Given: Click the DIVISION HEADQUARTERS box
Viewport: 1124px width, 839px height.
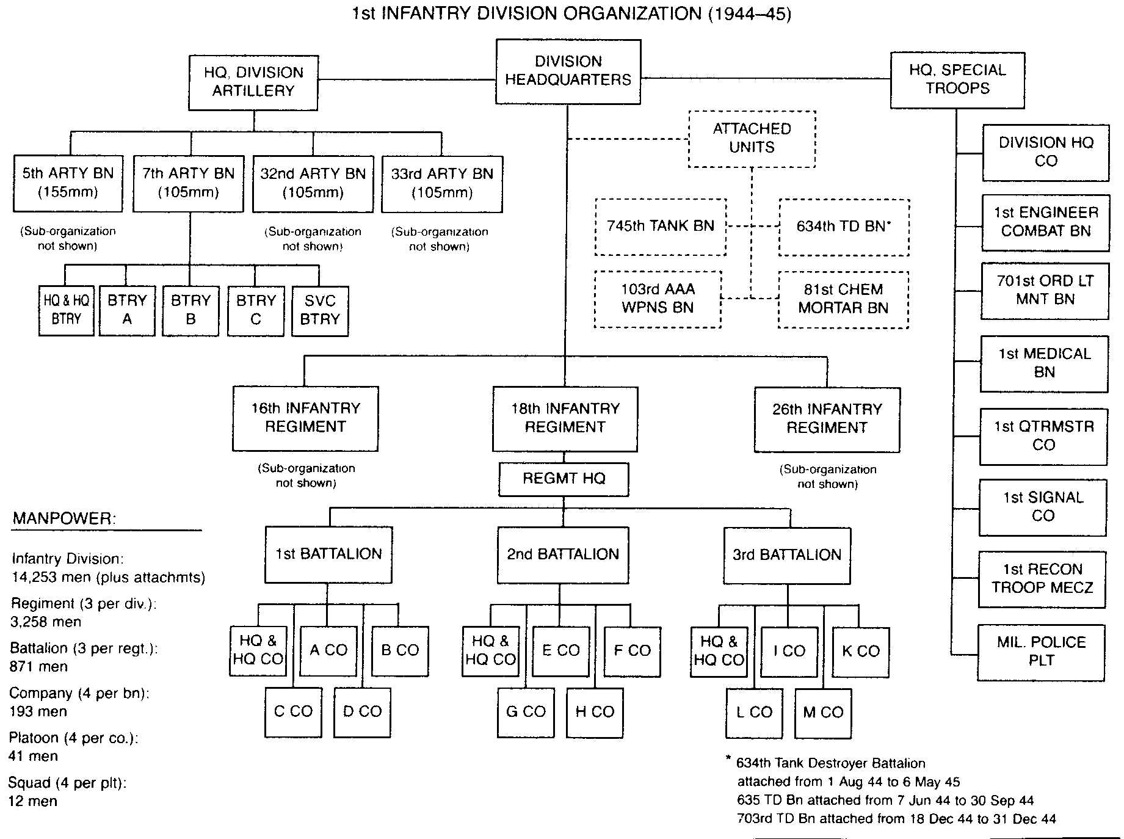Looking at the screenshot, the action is click(568, 71).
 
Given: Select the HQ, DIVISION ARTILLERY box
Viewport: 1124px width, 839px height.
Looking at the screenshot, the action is click(253, 82).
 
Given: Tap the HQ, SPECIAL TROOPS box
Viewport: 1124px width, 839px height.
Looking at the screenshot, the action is click(957, 80).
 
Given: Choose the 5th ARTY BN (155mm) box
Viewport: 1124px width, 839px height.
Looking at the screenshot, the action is click(68, 183).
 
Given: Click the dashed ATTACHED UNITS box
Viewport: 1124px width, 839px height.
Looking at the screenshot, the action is click(752, 139).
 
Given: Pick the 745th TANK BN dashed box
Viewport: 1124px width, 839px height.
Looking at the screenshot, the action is click(661, 227).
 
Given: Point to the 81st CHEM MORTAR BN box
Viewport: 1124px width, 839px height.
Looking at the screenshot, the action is click(843, 300).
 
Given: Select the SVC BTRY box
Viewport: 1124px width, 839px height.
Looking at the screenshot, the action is click(320, 311).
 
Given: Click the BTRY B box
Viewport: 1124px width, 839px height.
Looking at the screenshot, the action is click(190, 311).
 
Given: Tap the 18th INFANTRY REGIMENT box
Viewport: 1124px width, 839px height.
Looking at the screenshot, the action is click(565, 419).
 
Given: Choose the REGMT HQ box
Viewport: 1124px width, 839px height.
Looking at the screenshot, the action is click(564, 479).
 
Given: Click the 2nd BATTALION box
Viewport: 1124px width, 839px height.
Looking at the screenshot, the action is click(563, 555).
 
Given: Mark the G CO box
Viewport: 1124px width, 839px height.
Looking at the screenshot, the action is click(526, 713).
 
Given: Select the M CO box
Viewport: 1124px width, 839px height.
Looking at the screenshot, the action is click(823, 713).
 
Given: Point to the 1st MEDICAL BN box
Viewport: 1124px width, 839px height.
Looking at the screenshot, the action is click(1044, 364).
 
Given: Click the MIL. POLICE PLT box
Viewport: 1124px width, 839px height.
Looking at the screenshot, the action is click(1041, 652).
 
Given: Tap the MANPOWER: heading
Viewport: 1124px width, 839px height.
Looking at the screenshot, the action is click(64, 520).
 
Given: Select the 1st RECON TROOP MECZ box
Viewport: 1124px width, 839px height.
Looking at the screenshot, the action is click(1042, 579).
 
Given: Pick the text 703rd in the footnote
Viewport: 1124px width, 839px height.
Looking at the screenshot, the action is click(755, 819).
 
